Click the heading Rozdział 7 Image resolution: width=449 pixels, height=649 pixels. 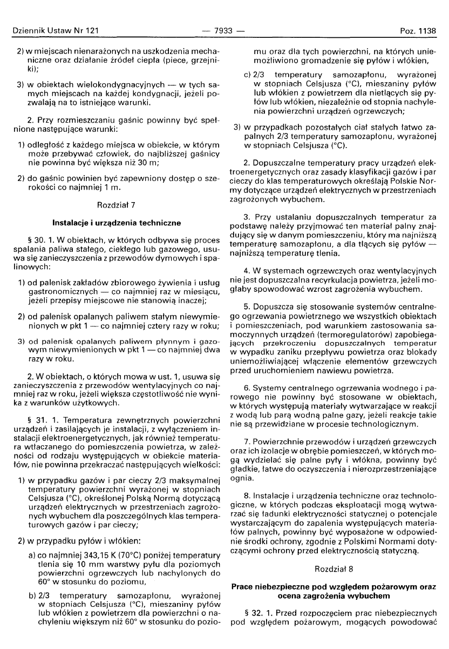[115, 206]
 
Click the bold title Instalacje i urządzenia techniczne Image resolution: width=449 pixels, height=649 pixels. [115, 223]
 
